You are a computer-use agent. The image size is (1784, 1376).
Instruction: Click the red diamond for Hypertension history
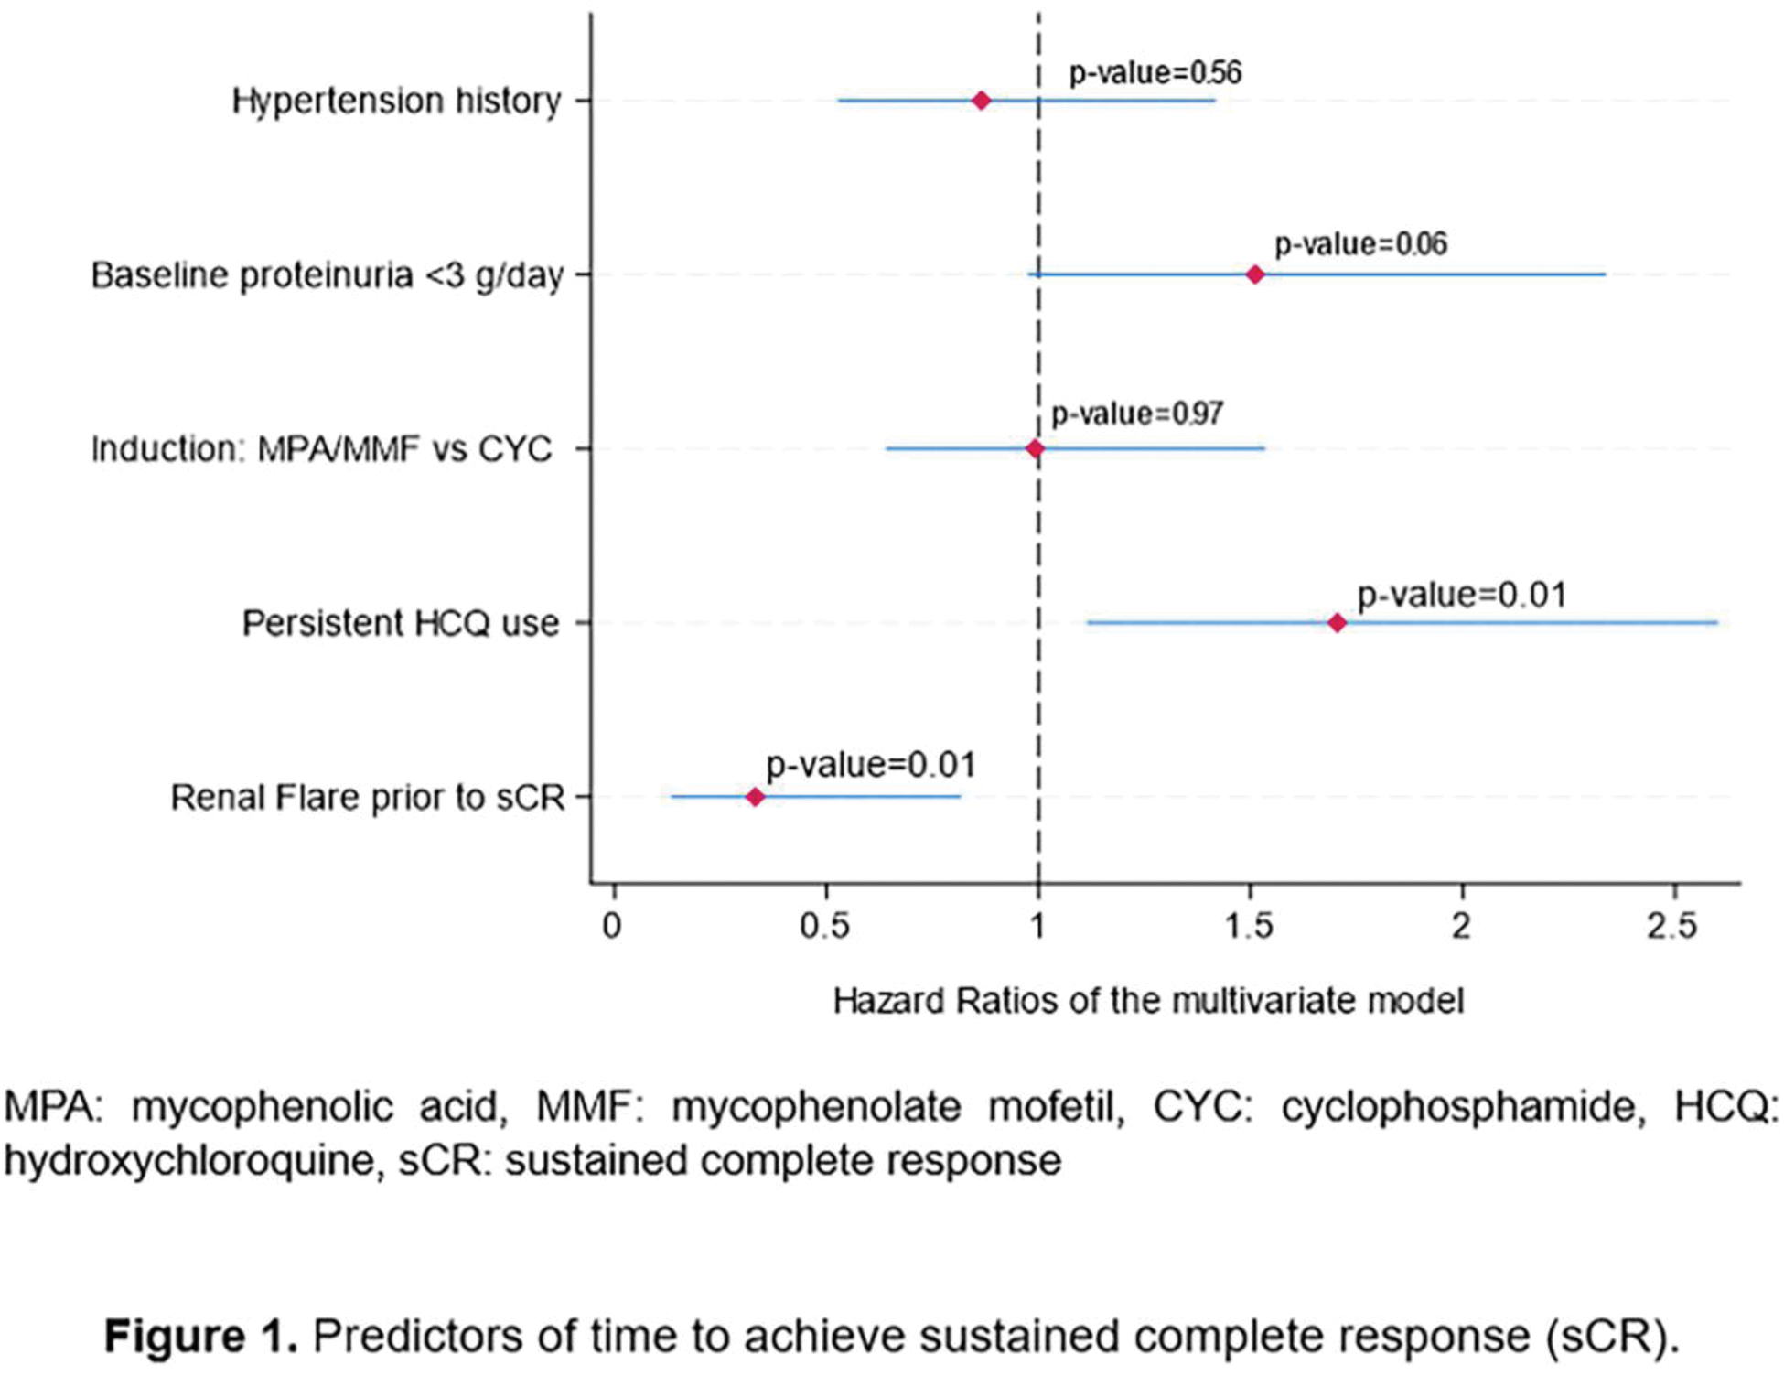981,101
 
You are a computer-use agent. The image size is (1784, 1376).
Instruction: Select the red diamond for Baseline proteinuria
1255,274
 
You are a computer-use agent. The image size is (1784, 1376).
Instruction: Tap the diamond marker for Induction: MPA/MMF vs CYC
1035,448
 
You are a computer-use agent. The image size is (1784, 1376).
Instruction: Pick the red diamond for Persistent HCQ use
1337,623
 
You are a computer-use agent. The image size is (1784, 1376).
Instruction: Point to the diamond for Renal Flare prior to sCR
755,797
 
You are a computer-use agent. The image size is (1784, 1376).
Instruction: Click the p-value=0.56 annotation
1155,73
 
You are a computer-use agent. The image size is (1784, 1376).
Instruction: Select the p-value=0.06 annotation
1360,244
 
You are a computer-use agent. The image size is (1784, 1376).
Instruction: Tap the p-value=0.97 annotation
1136,414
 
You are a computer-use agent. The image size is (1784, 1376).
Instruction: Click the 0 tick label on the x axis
612,927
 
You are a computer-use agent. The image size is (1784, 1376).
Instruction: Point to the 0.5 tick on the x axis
825,927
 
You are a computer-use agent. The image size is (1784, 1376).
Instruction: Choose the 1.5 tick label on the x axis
1250,927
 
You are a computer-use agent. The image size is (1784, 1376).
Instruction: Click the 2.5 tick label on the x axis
1672,927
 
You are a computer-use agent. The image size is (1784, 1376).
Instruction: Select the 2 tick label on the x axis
1462,927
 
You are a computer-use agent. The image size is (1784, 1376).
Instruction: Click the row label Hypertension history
396,101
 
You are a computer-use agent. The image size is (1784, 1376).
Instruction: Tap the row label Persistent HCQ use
400,623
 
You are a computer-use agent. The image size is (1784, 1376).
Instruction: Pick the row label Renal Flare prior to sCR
368,798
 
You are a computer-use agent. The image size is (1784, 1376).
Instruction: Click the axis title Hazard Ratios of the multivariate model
1148,1001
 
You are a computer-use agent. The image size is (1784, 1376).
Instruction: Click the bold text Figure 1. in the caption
201,1336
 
